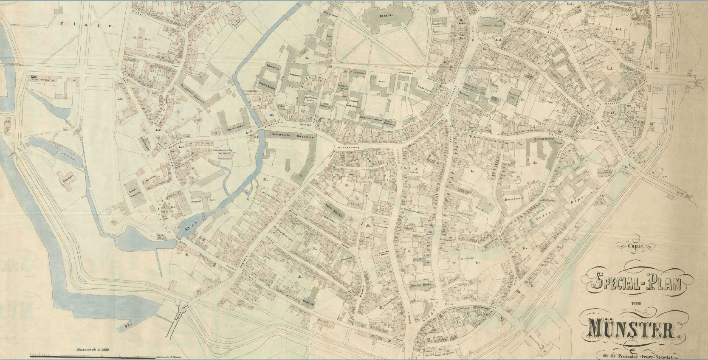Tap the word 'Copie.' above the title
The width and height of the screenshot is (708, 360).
pos(636,245)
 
